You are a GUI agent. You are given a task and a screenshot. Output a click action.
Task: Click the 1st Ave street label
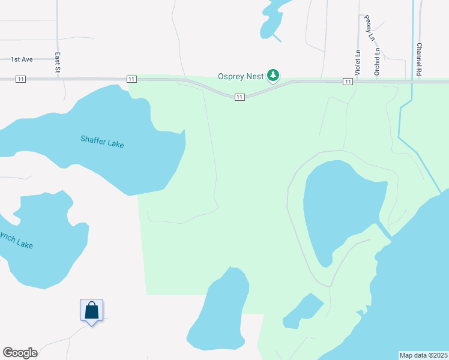tap(22, 59)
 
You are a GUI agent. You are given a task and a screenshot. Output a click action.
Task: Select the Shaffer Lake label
tap(102, 142)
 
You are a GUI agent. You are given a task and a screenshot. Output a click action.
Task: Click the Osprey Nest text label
tap(240, 76)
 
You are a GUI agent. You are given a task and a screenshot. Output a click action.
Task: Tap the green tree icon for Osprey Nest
tap(274, 75)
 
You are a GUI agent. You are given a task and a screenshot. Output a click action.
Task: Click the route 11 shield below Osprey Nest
tap(239, 97)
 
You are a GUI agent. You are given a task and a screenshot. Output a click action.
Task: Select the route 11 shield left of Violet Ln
tap(347, 81)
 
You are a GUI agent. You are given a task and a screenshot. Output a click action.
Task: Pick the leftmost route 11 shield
tap(21, 79)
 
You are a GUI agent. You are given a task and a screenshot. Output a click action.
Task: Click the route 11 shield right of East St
tap(130, 79)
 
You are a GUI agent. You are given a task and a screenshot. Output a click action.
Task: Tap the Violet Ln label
tap(357, 60)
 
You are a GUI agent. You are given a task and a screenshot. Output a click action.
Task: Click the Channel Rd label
tap(420, 58)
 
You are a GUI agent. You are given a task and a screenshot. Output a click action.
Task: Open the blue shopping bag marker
tap(91, 311)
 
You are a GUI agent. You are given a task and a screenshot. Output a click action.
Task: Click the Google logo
tap(20, 353)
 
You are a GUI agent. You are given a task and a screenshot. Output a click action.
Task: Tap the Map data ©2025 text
tap(423, 355)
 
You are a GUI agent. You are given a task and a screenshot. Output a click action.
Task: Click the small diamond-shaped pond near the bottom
tap(303, 311)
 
